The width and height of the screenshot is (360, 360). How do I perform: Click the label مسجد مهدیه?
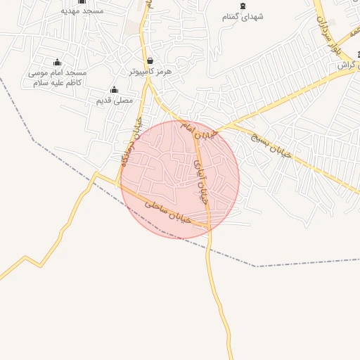pyautogui.click(x=82, y=11)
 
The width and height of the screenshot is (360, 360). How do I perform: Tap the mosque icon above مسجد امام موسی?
pyautogui.click(x=58, y=63)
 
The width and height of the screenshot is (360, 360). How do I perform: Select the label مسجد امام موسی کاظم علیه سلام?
pyautogui.click(x=57, y=77)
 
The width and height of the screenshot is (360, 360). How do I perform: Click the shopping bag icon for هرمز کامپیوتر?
pyautogui.click(x=150, y=61)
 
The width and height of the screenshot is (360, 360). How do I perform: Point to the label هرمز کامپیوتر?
pyautogui.click(x=150, y=72)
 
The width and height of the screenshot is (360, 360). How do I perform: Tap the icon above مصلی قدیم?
pyautogui.click(x=114, y=89)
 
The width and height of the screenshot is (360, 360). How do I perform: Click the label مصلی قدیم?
pyautogui.click(x=114, y=100)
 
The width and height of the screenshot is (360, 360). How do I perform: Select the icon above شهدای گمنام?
pyautogui.click(x=243, y=6)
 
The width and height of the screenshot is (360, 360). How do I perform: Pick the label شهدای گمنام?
pyautogui.click(x=243, y=16)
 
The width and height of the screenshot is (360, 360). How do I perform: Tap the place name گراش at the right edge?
pyautogui.click(x=346, y=65)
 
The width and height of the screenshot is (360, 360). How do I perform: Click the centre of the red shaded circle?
pyautogui.click(x=180, y=179)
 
